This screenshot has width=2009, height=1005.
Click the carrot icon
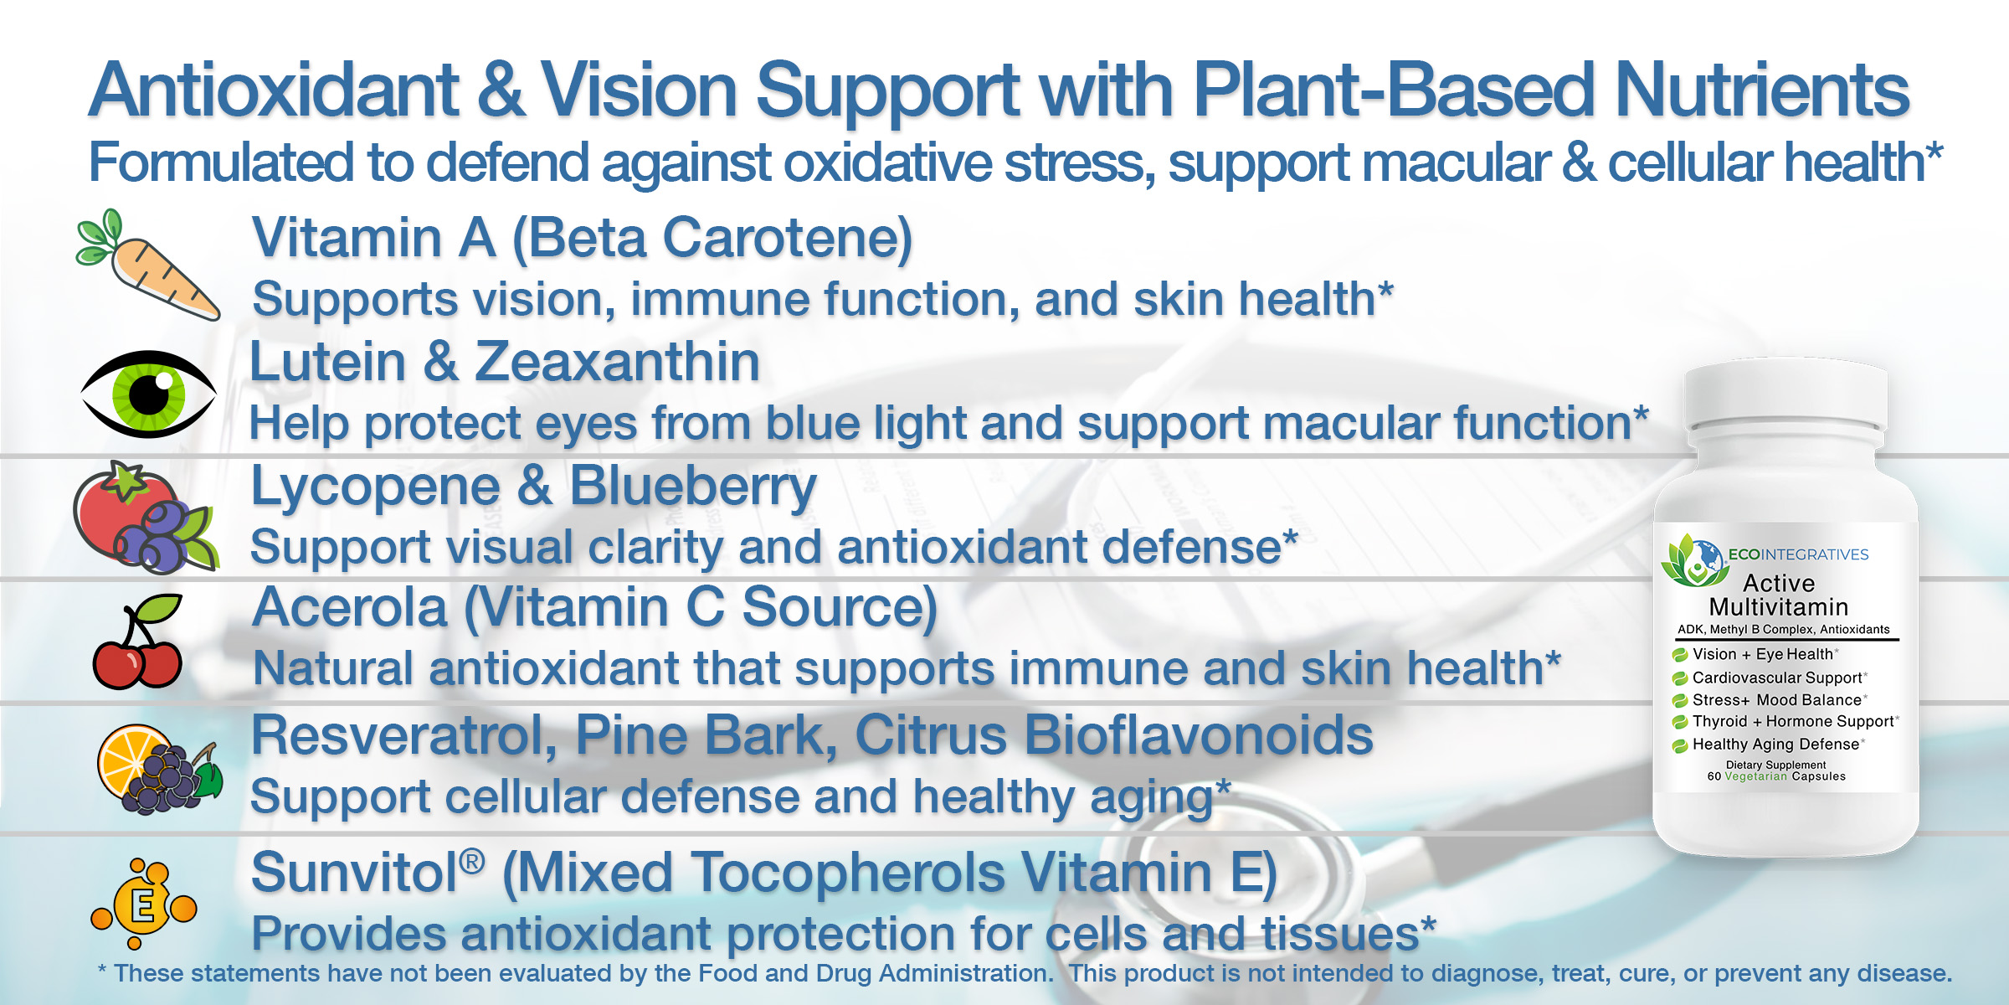click(x=147, y=265)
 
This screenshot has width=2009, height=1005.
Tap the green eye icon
click(x=149, y=394)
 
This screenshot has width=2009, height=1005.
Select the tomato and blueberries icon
click(x=146, y=518)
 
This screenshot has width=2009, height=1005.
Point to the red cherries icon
click(x=139, y=642)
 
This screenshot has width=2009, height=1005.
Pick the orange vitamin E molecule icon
click(x=143, y=904)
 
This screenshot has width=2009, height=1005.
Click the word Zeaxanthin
click(x=618, y=362)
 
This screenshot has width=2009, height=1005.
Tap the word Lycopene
click(x=376, y=488)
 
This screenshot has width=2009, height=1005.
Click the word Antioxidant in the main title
click(x=275, y=90)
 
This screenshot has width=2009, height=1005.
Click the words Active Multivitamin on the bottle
click(x=1779, y=595)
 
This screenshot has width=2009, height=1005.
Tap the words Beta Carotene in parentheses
click(x=712, y=239)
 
